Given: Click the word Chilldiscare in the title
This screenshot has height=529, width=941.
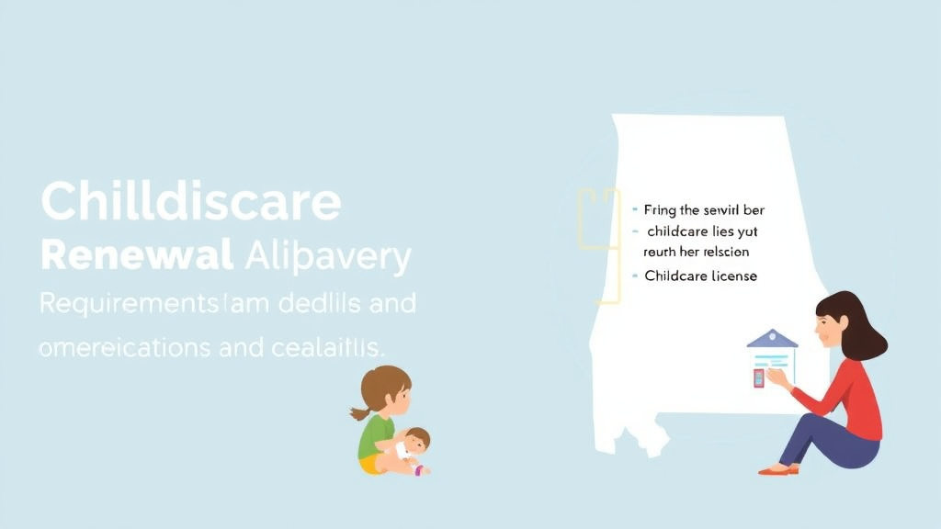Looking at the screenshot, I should point(191,202).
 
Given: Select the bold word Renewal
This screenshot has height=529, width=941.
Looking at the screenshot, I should point(136,257).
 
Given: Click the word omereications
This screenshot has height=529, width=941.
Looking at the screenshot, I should point(130,348).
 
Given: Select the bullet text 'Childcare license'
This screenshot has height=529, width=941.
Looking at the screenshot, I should point(701,276).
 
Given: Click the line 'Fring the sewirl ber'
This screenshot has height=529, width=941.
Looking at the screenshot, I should point(704,210).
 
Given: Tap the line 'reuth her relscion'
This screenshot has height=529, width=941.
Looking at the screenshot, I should point(696,251).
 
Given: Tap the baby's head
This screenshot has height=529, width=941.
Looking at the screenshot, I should point(418,440).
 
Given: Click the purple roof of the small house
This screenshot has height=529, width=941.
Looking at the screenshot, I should point(772,339).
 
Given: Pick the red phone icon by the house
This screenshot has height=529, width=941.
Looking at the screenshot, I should point(759,377).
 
